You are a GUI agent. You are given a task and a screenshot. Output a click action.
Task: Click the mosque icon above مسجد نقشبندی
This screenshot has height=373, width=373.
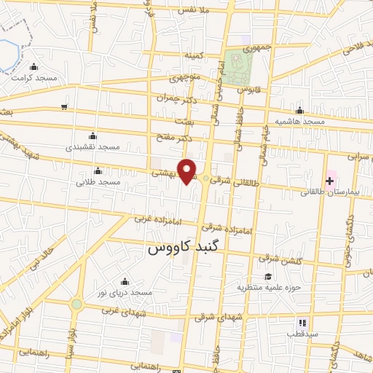(93, 136)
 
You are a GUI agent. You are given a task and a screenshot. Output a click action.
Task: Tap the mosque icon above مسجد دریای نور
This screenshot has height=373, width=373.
(125, 282)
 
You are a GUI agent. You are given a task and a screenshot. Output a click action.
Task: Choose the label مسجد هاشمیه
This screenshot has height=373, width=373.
(299, 120)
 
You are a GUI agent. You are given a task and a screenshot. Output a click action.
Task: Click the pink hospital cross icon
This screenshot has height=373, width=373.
(329, 180)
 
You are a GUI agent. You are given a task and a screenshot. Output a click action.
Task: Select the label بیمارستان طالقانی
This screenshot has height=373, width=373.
(333, 192)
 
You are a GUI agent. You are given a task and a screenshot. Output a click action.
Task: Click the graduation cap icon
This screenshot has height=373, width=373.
(268, 276)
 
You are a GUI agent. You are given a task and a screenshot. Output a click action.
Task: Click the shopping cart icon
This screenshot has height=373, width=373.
(64, 107)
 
